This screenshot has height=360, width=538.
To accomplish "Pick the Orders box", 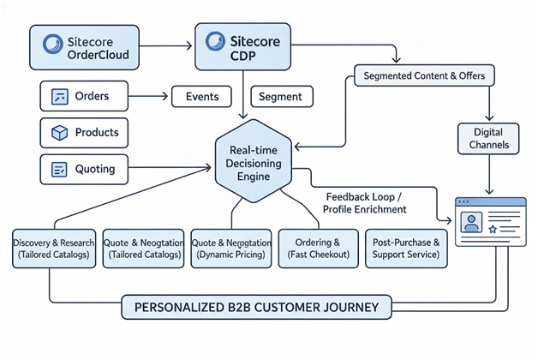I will click(85, 96).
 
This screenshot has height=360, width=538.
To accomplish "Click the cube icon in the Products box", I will click(59, 133).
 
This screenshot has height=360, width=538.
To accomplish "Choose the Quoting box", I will click(85, 169).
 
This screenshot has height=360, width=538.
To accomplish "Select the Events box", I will click(202, 97).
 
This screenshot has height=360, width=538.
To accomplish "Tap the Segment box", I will click(279, 97).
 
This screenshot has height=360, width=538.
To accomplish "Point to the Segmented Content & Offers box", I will click(425, 75).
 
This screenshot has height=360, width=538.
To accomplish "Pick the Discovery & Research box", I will click(53, 249).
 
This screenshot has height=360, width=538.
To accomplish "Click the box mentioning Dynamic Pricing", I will click(231, 249).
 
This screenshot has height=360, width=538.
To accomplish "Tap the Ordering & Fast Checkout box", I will click(317, 249).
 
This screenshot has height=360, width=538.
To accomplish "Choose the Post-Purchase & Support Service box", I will click(407, 249).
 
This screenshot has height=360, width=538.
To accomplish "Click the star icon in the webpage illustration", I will click(493, 230).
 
